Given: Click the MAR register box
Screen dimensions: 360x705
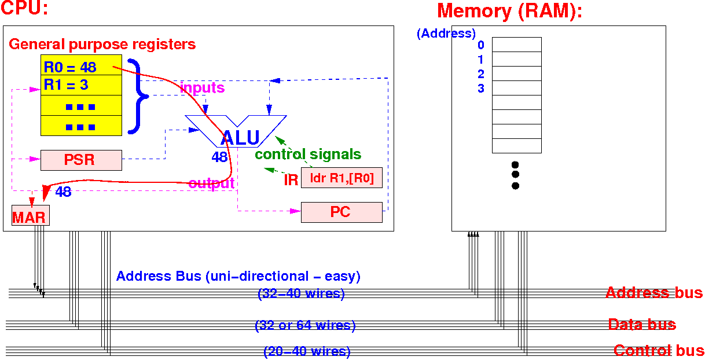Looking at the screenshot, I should point(30,216).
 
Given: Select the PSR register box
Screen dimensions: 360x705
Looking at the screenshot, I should point(81,160).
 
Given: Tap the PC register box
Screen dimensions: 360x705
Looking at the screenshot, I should point(342,212).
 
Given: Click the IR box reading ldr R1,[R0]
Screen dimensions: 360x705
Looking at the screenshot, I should point(342,178).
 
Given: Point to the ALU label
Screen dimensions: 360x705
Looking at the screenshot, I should point(240,138).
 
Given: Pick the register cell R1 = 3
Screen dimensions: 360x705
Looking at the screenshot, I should point(81,85).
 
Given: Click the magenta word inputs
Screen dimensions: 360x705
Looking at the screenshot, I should point(202,88).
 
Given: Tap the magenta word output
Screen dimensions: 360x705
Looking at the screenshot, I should point(211,183).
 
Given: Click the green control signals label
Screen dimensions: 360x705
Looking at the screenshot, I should point(308,155).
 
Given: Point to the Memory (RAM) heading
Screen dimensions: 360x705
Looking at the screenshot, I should point(509,11).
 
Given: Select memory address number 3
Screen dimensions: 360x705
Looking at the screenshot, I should point(481,89).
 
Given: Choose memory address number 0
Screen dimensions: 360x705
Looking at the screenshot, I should point(481,45).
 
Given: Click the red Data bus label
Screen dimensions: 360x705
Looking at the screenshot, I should point(641,324).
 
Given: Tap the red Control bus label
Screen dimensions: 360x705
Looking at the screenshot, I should point(659,350).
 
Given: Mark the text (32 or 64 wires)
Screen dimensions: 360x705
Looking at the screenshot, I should point(305,325).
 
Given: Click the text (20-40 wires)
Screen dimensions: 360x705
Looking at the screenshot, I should point(307,351).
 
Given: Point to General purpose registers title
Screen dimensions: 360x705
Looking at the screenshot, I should point(102,44).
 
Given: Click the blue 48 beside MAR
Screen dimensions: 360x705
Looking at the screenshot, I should point(63,192).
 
